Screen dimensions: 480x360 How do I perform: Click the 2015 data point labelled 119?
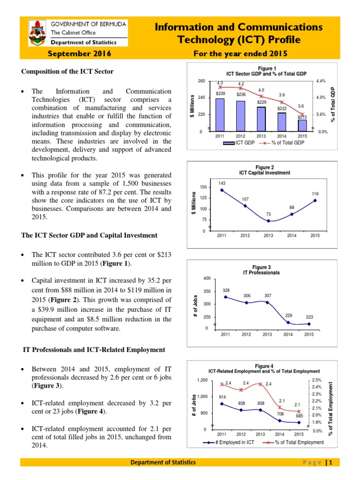click(315, 200)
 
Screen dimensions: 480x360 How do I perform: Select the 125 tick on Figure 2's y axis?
click(203, 198)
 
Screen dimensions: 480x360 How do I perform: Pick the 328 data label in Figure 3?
click(226, 291)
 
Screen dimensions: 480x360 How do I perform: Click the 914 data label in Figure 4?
click(223, 397)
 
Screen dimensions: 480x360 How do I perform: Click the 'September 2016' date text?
click(80, 54)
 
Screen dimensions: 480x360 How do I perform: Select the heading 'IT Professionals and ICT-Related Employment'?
click(94, 350)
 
